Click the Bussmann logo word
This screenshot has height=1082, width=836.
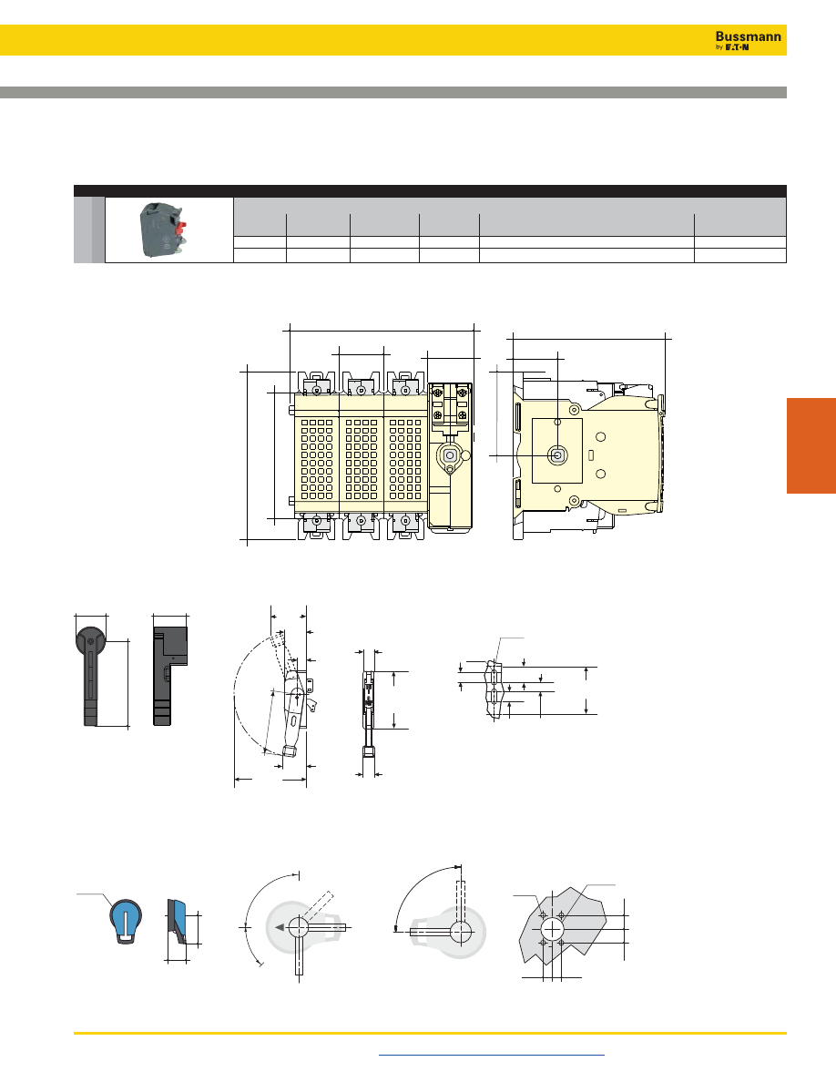pos(749,36)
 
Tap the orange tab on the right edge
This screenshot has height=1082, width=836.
pos(811,445)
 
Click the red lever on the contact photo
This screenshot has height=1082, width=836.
pos(182,227)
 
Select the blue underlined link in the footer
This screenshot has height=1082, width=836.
pos(492,1055)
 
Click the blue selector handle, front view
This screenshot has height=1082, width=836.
pos(126,921)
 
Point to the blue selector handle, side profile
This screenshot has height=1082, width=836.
pos(177,922)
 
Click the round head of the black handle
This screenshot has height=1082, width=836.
pos(90,641)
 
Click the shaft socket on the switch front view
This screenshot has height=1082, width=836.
pos(450,455)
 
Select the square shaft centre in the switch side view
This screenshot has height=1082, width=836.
pos(557,455)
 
